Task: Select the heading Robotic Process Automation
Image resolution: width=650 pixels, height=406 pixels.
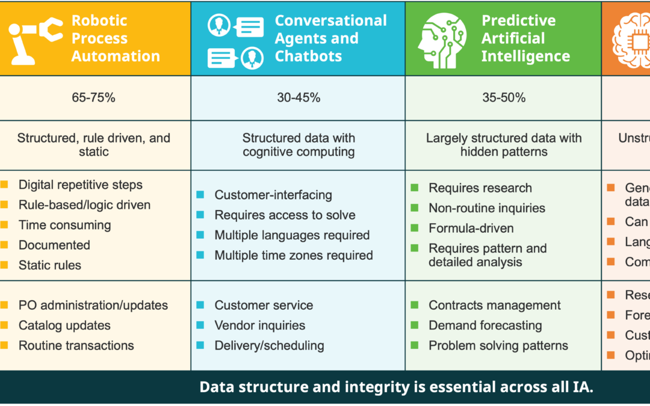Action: click(116, 38)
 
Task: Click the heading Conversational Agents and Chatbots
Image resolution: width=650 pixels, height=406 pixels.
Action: click(330, 38)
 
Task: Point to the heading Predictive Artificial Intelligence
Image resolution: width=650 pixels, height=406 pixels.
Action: click(525, 38)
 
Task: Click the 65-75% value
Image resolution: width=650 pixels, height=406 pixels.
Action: click(93, 97)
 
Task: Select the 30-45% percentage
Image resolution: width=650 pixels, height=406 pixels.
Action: click(299, 97)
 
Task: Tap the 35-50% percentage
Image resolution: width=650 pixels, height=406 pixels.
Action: click(504, 97)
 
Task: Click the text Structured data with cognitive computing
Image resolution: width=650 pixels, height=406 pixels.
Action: click(299, 145)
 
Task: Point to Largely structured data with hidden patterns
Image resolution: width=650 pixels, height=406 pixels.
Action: click(504, 145)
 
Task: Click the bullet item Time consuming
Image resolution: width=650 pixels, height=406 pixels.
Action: click(64, 226)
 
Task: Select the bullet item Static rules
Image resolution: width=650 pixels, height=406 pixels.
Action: click(49, 265)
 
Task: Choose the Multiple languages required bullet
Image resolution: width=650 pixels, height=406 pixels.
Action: click(292, 235)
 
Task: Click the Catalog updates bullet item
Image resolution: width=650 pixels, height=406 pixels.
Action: click(64, 325)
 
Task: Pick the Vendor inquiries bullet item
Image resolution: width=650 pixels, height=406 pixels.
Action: click(259, 325)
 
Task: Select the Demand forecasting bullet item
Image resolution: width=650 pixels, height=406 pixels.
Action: click(485, 325)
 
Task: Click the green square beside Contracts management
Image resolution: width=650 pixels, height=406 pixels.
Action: click(415, 305)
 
